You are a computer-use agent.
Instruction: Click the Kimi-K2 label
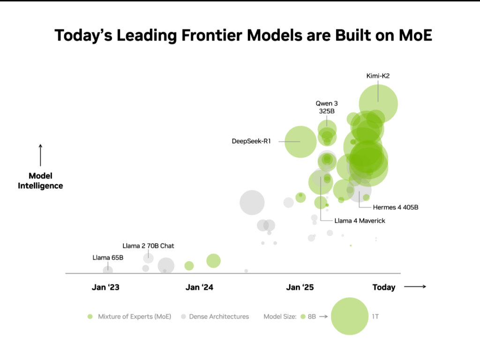pyautogui.click(x=379, y=75)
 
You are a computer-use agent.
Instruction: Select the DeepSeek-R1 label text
pyautogui.click(x=251, y=141)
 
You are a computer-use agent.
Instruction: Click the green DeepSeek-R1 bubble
pyautogui.click(x=300, y=142)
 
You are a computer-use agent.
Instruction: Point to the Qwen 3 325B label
pyautogui.click(x=326, y=107)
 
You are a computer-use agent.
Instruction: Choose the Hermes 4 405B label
pyautogui.click(x=395, y=207)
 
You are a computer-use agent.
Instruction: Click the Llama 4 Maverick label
pyautogui.click(x=360, y=220)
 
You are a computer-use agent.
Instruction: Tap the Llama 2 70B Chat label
pyautogui.click(x=148, y=246)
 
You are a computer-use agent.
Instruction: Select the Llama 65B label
pyautogui.click(x=108, y=257)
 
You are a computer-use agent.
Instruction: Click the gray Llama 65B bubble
pyautogui.click(x=108, y=270)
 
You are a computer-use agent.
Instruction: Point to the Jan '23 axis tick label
pyautogui.click(x=105, y=287)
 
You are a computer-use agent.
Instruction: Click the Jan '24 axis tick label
pyautogui.click(x=199, y=287)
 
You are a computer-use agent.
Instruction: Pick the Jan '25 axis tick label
pyautogui.click(x=300, y=287)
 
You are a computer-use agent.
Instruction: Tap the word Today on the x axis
pyautogui.click(x=383, y=287)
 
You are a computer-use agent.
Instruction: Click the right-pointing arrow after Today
pyautogui.click(x=415, y=287)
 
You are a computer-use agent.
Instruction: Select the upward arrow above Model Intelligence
pyautogui.click(x=40, y=155)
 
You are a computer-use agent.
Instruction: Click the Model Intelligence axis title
pyautogui.click(x=40, y=181)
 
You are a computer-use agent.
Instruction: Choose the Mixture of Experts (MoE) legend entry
pyautogui.click(x=129, y=316)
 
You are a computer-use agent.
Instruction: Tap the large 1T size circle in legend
pyautogui.click(x=350, y=316)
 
